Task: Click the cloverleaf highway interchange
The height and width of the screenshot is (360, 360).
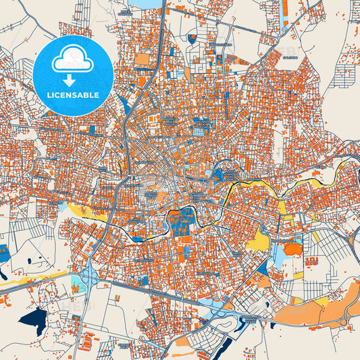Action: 90,276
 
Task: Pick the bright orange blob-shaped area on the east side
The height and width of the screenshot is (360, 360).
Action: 293,249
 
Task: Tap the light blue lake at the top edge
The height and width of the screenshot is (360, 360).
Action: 150,4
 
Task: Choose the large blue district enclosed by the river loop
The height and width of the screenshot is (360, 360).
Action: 179,222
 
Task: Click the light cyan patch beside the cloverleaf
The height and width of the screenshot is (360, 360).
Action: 76,283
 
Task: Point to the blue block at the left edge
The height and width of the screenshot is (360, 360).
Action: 4,253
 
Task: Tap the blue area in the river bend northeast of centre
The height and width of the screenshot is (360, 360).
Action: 217,175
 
